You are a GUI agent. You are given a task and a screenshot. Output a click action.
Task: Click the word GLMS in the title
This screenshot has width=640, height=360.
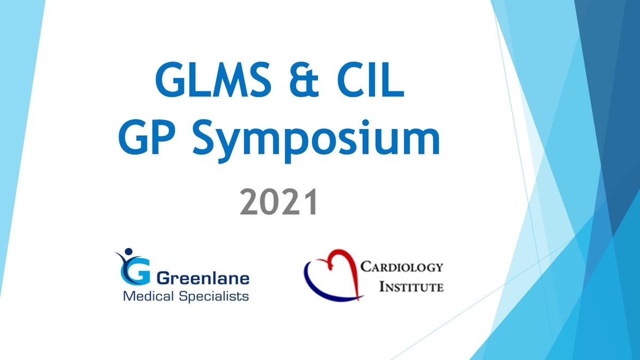click(x=213, y=79)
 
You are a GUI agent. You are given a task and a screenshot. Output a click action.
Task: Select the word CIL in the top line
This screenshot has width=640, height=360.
click(x=371, y=79)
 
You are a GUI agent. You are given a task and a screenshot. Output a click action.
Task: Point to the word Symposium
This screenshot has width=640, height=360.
click(x=316, y=141)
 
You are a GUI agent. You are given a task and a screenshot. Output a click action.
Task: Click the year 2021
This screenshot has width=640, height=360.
click(x=278, y=202)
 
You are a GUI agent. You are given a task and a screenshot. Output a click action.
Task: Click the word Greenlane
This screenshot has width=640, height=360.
click(x=203, y=278)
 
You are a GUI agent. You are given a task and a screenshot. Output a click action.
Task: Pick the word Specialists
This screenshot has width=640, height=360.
click(x=214, y=297)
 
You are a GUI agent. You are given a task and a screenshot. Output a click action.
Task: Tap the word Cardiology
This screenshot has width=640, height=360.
click(x=402, y=267)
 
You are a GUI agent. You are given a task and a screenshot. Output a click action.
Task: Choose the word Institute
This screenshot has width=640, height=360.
click(x=411, y=286)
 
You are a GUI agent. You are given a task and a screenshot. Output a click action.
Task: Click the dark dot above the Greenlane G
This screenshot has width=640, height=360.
click(x=129, y=251)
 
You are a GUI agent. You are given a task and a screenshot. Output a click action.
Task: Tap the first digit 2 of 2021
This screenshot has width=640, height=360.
click(x=249, y=202)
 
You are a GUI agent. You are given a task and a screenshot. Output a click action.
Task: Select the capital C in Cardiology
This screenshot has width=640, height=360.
click(x=366, y=267)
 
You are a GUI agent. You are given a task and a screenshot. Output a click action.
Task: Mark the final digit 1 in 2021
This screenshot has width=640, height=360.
click(x=310, y=202)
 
